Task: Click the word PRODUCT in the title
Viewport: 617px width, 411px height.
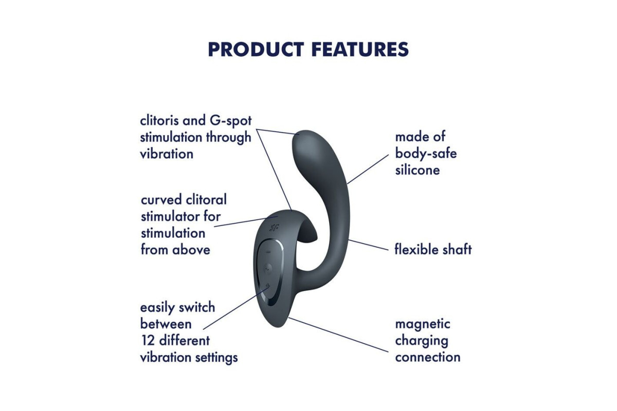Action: (256, 49)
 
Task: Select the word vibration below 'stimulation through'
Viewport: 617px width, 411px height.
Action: (167, 154)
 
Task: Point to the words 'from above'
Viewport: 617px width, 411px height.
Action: (175, 250)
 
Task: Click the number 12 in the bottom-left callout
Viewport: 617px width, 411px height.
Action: (147, 341)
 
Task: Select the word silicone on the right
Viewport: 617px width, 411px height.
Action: (418, 170)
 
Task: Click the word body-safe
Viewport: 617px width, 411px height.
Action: (426, 154)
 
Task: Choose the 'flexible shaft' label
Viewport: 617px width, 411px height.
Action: (433, 249)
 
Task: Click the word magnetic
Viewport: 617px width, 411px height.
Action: (423, 325)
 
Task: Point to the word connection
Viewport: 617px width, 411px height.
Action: (428, 358)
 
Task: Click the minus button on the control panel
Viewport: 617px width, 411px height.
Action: (268, 252)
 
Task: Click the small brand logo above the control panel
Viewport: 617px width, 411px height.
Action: (274, 227)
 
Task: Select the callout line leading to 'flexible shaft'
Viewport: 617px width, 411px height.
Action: (368, 245)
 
